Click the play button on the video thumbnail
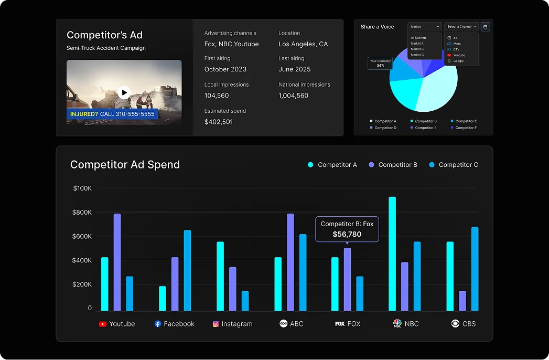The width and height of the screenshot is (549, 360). (x=124, y=93)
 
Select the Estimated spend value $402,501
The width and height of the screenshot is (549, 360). (x=219, y=122)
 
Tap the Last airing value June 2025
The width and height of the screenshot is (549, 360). (x=294, y=69)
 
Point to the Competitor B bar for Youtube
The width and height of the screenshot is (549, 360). (x=117, y=262)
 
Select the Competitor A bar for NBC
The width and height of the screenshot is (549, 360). (x=392, y=253)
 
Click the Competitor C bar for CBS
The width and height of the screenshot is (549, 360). (x=475, y=269)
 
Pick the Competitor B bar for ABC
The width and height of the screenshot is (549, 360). (x=290, y=262)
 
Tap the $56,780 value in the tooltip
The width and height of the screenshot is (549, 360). (x=347, y=235)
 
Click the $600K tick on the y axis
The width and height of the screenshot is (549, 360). (x=82, y=236)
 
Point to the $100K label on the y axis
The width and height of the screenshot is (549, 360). (x=82, y=188)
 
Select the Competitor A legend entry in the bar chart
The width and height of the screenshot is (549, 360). (x=332, y=165)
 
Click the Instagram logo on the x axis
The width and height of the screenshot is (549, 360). (x=216, y=324)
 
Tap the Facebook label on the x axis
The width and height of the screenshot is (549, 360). (x=179, y=324)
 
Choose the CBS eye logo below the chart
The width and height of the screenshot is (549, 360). (x=455, y=324)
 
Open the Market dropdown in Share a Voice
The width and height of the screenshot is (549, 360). (x=424, y=27)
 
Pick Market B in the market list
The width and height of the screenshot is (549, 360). (x=417, y=49)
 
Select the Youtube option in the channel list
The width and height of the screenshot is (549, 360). (x=459, y=55)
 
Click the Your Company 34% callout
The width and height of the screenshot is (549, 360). (x=380, y=63)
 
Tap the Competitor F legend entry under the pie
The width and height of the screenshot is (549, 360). (x=466, y=128)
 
